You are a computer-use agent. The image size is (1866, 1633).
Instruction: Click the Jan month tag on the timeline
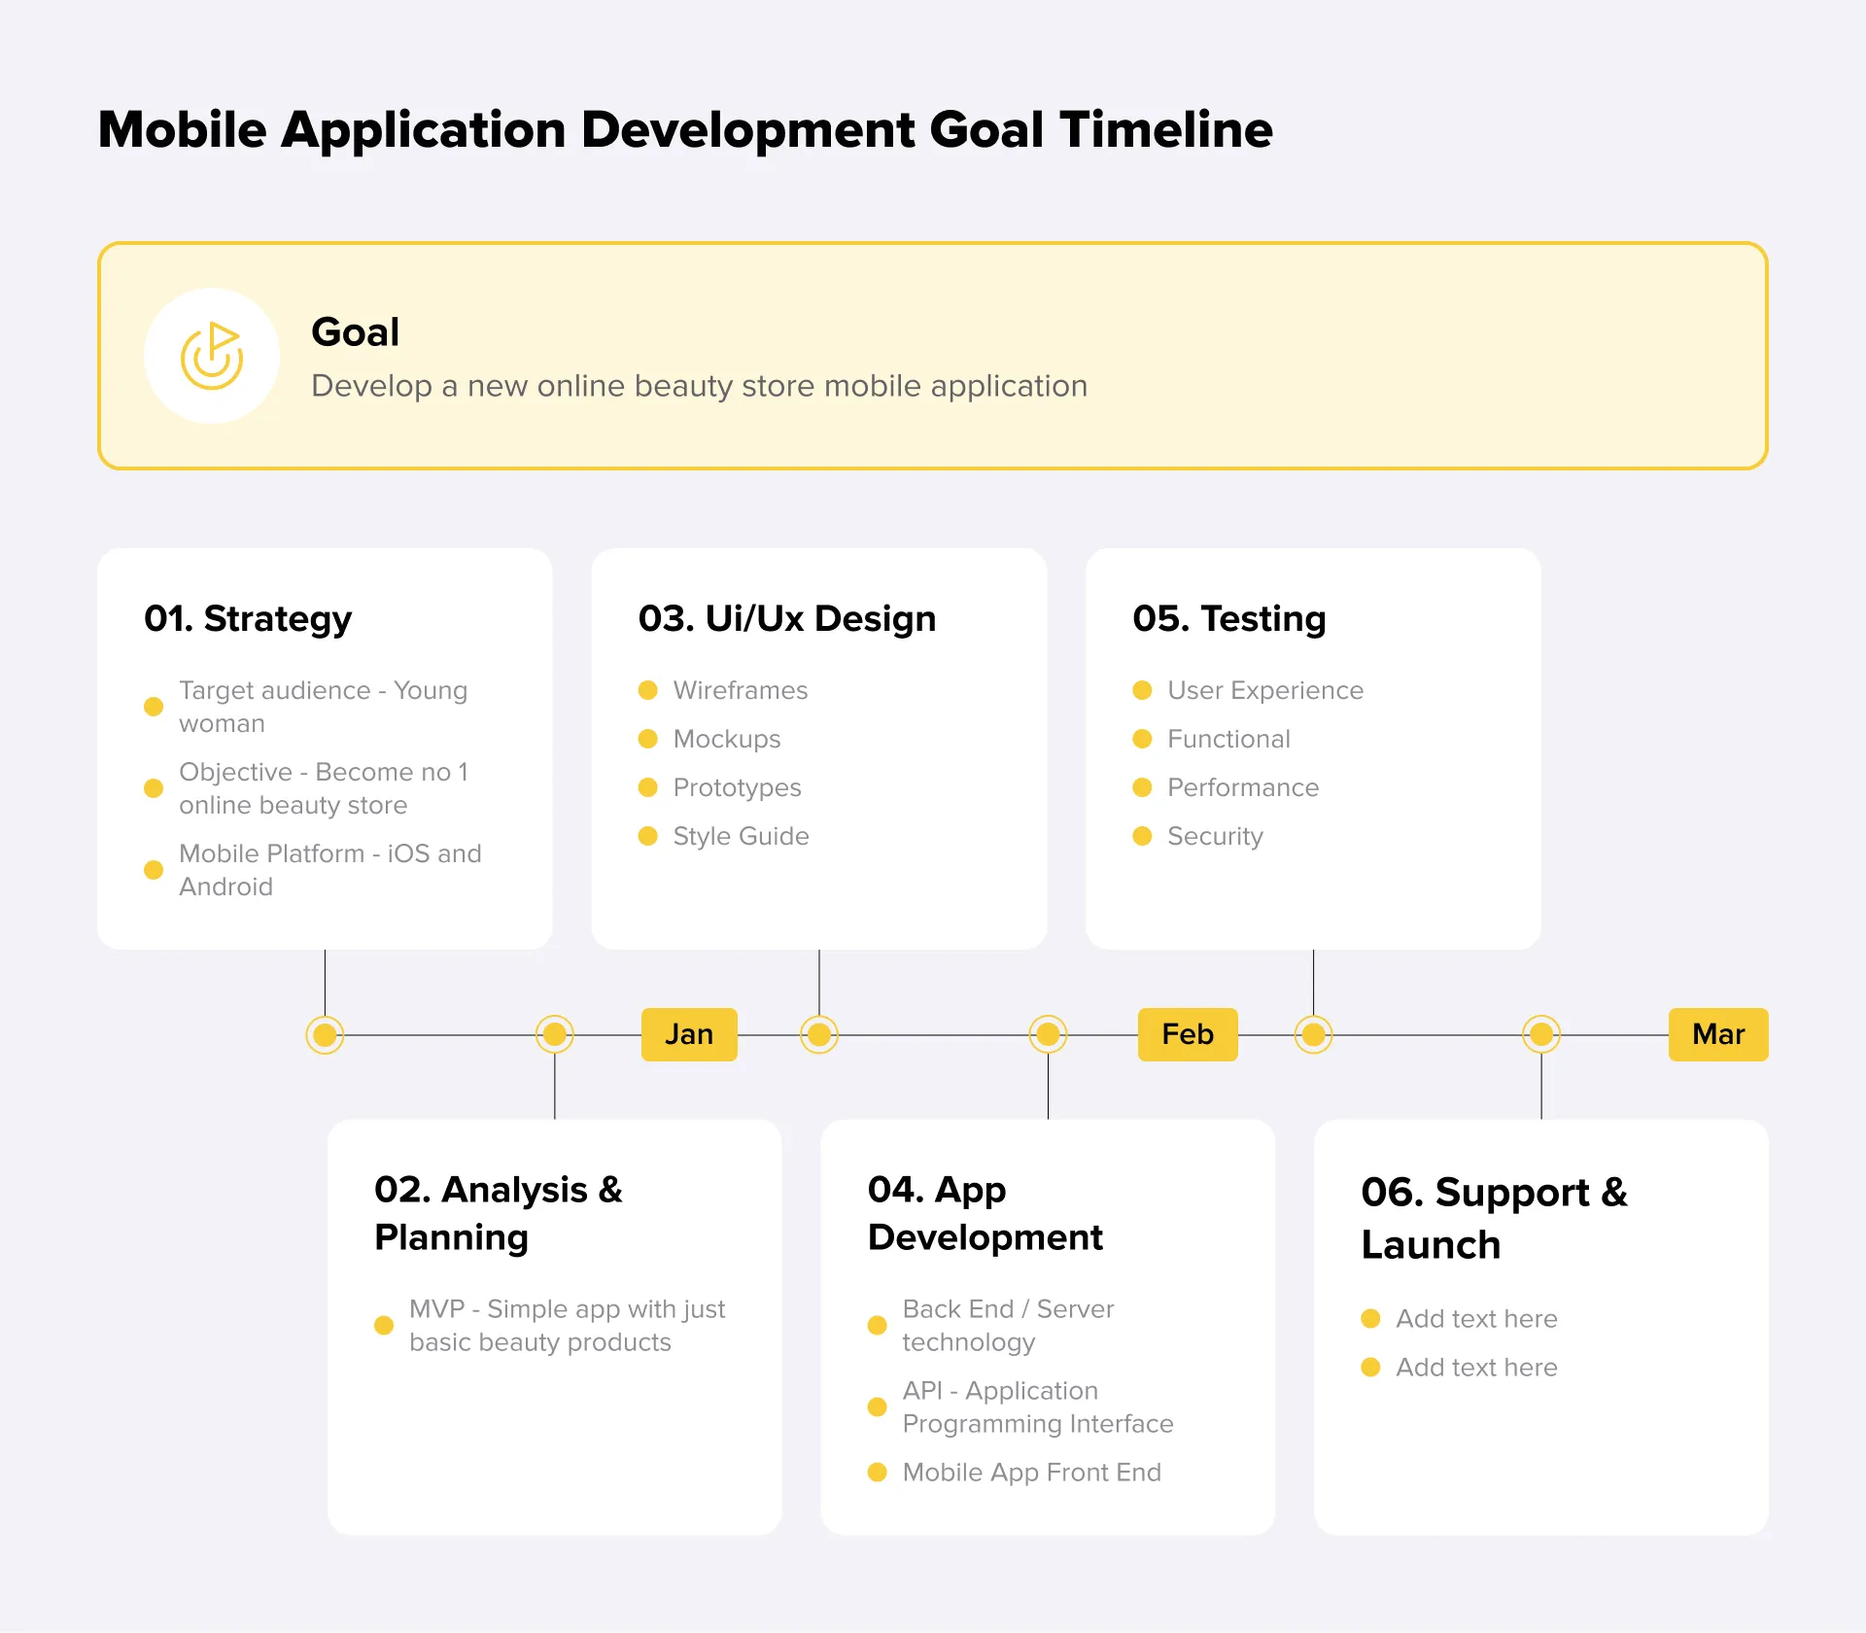point(689,1034)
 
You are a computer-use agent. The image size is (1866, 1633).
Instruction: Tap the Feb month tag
point(1188,1034)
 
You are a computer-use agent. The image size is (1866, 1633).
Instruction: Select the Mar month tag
point(1717,1034)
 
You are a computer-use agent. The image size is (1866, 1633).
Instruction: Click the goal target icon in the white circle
point(212,356)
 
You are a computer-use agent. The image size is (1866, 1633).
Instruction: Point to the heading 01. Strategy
point(248,619)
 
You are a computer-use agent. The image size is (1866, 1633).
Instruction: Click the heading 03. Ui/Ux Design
point(786,619)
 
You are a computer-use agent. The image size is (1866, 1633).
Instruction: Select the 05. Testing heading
point(1228,619)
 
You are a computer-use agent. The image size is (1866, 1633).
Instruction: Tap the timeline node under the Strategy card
point(325,1034)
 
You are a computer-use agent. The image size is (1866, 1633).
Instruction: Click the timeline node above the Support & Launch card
point(1541,1034)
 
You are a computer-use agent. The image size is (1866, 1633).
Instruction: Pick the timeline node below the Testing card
point(1313,1034)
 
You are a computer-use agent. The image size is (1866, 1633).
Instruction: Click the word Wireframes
point(740,690)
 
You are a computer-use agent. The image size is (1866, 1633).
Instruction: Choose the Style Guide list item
point(741,836)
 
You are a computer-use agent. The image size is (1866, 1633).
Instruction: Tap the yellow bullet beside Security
point(1142,836)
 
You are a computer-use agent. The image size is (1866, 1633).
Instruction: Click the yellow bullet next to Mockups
point(648,739)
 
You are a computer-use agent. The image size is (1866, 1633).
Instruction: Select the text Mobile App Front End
point(1031,1473)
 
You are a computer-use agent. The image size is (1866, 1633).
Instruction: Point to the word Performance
point(1243,787)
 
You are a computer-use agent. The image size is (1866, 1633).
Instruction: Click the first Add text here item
point(1476,1319)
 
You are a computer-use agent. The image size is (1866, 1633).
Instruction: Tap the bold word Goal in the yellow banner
point(355,332)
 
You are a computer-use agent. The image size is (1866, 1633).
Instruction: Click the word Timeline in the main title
point(1166,129)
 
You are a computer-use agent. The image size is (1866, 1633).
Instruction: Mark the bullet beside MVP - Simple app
point(384,1326)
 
